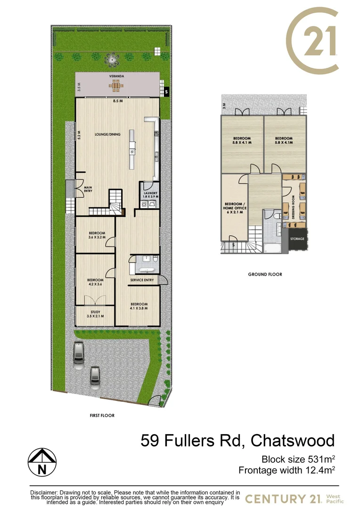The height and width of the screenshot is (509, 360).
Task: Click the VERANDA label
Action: click(x=117, y=76)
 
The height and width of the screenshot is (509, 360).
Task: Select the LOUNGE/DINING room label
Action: click(x=107, y=134)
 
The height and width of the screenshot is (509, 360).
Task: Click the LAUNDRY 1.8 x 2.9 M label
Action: click(x=151, y=194)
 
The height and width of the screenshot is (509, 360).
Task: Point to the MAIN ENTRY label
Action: click(x=88, y=189)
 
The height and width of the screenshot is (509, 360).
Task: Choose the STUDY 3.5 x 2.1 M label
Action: click(x=95, y=314)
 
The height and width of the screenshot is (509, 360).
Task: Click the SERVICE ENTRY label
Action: click(x=142, y=280)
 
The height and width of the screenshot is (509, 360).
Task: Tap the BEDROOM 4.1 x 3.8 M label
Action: click(x=139, y=306)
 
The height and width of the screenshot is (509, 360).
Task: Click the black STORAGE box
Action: click(x=297, y=239)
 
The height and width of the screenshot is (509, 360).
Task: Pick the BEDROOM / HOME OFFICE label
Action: click(x=234, y=208)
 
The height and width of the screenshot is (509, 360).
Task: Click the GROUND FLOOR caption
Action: click(x=265, y=274)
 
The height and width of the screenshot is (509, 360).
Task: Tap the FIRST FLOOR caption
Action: click(x=102, y=416)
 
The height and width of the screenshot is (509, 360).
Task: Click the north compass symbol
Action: click(x=42, y=462)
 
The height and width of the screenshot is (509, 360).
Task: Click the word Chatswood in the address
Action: click(x=293, y=441)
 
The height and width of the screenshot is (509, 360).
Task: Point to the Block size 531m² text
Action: click(x=298, y=459)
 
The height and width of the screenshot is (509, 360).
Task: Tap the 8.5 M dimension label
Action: click(x=117, y=101)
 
